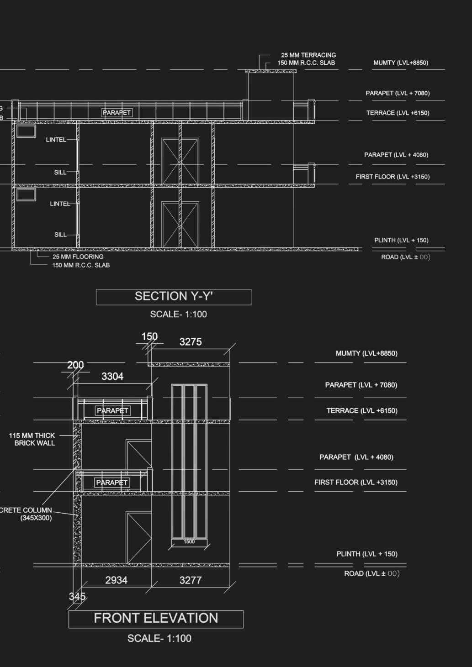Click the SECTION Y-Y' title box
pos(174,297)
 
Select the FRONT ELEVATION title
pos(156,619)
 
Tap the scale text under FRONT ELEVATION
pos(159,639)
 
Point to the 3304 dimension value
pos(112,377)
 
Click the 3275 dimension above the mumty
pos(191,342)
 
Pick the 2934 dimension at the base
pos(116,580)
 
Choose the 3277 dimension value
pos(191,580)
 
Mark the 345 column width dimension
pos(77,597)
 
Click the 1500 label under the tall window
pos(189,542)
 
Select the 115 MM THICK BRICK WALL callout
pos(32,439)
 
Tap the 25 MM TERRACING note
pos(308,55)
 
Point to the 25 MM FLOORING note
pos(78,257)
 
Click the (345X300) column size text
pos(36,518)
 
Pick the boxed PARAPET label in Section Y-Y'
pos(117,113)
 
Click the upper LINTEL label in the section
pos(56,140)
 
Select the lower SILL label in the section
pos(60,235)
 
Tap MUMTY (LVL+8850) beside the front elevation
pos(366,353)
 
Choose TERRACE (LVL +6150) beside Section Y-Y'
pos(398,113)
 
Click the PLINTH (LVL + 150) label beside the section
pos(401,240)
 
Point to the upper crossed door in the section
pos(180,161)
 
